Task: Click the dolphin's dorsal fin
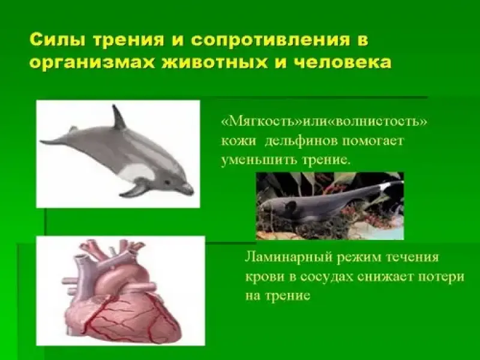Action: (118, 117)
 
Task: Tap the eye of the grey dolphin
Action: (167, 182)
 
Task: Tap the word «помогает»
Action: (370, 141)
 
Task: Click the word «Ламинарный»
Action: (288, 258)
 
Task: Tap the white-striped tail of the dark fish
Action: (392, 185)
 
